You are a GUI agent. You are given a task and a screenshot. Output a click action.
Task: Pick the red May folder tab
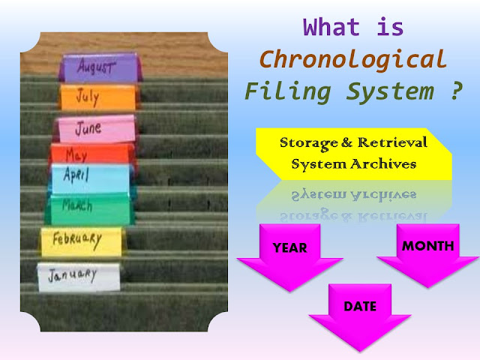pos(79,155)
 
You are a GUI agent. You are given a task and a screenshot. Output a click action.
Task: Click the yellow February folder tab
pos(79,240)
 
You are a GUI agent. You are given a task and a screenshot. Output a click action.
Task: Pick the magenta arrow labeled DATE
pos(361,311)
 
